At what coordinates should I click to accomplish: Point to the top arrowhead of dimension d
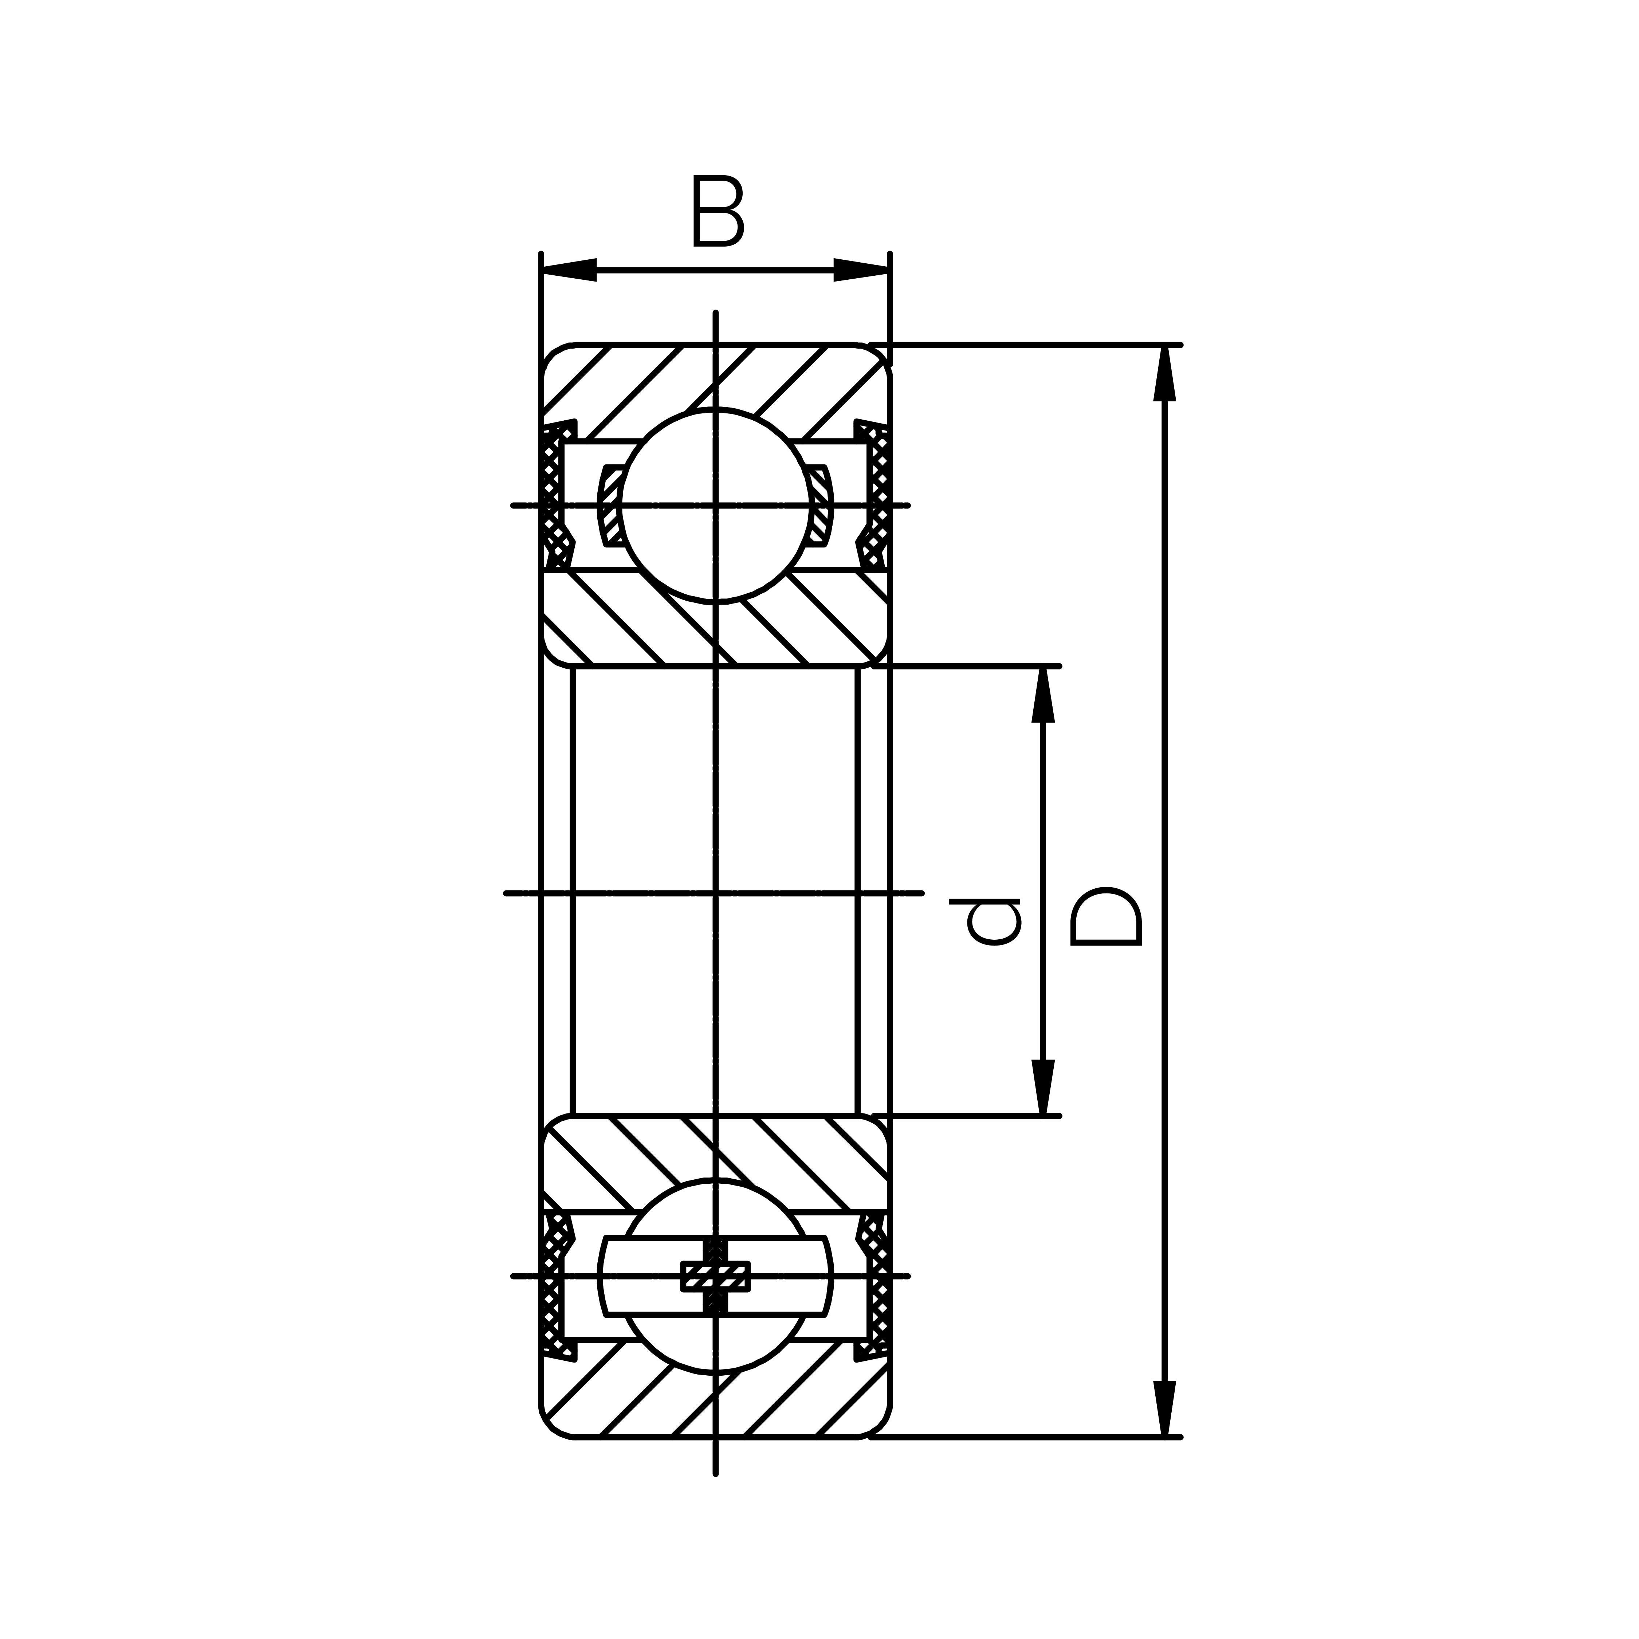(x=1043, y=696)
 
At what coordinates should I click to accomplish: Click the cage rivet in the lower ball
(x=716, y=1275)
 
